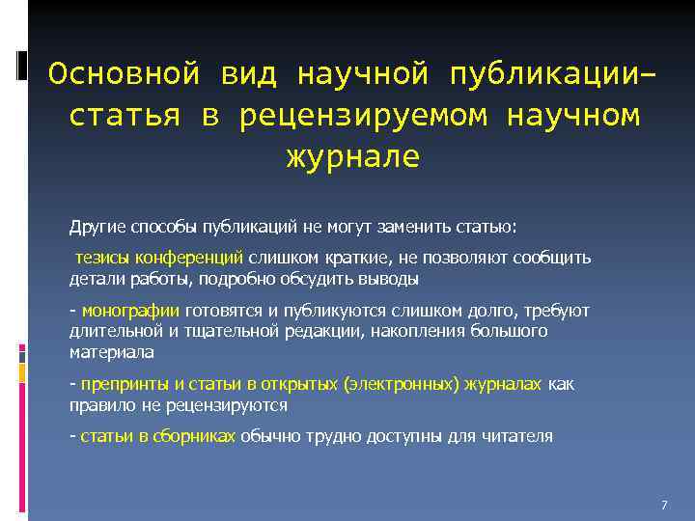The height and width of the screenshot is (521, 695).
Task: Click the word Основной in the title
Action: (x=124, y=74)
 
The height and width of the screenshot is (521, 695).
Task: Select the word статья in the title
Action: (x=125, y=116)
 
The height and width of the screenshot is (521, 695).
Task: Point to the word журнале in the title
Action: (x=352, y=157)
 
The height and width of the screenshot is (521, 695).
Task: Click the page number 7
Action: (x=664, y=506)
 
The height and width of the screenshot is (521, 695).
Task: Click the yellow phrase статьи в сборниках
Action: (x=158, y=435)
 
